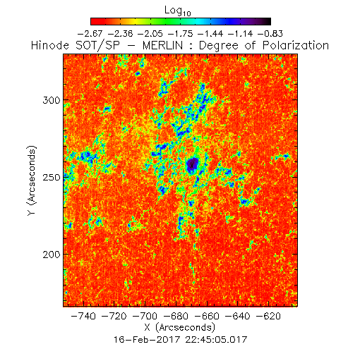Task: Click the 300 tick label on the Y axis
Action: tap(52, 100)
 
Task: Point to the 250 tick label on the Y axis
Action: tap(52, 177)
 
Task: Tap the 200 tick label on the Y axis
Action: tap(52, 255)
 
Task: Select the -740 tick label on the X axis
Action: tap(83, 316)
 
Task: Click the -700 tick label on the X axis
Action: tap(145, 316)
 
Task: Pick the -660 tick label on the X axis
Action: tap(207, 316)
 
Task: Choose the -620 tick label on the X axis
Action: tap(268, 316)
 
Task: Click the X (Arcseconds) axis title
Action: tap(180, 327)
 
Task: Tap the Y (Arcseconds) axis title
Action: tap(32, 180)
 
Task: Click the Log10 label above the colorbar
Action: tap(178, 11)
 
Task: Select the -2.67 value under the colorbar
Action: tap(90, 34)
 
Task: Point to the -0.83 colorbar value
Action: tap(270, 34)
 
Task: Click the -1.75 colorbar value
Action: tap(180, 34)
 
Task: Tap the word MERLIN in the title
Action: tap(162, 45)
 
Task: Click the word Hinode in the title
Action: tap(50, 45)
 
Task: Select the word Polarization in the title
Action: tap(296, 45)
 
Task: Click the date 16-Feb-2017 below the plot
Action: tap(147, 340)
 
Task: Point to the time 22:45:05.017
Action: tap(216, 340)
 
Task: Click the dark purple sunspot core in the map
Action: tap(193, 164)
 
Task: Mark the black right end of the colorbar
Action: tap(267, 21)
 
